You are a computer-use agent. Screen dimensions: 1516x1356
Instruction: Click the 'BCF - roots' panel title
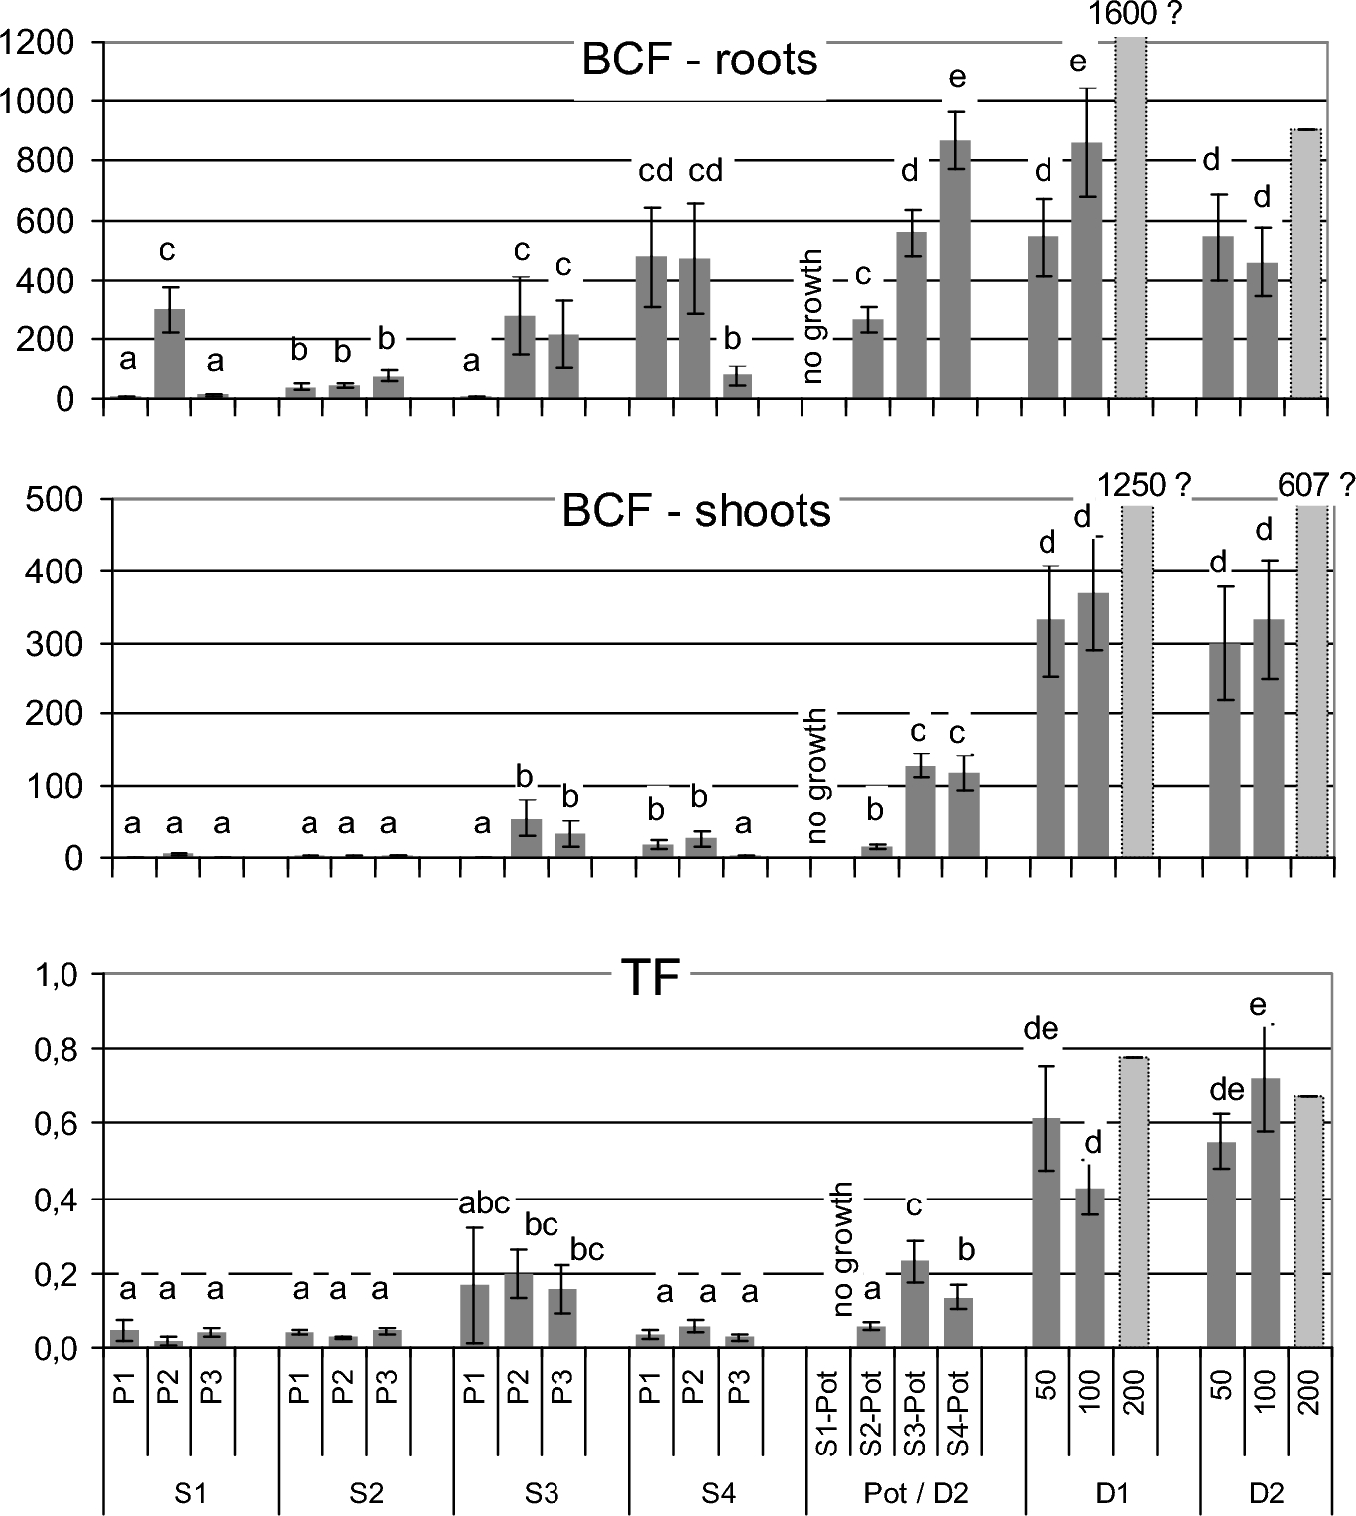click(699, 60)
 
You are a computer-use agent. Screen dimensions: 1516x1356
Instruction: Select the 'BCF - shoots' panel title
click(696, 511)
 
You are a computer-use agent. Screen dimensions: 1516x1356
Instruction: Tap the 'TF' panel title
click(650, 979)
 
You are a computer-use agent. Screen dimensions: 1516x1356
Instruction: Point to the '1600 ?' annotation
click(1136, 14)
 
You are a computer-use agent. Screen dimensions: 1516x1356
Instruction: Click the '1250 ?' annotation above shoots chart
click(1144, 485)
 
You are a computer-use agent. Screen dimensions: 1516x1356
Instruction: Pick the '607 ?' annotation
click(1315, 485)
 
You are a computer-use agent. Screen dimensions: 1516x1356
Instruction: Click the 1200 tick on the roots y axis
click(38, 42)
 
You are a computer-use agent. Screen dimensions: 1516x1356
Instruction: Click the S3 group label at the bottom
click(542, 1494)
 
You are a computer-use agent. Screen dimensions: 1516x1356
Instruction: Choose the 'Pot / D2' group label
click(915, 1494)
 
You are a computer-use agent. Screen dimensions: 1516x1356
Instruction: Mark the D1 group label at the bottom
click(1112, 1494)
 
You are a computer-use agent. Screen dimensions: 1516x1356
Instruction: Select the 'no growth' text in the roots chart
click(813, 316)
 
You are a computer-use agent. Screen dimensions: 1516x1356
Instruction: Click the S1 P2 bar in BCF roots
click(170, 353)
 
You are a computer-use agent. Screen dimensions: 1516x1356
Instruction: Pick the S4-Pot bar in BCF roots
click(956, 269)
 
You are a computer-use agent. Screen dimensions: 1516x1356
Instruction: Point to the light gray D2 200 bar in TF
click(1308, 1221)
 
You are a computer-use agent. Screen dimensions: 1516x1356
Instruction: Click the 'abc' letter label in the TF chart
click(483, 1203)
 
